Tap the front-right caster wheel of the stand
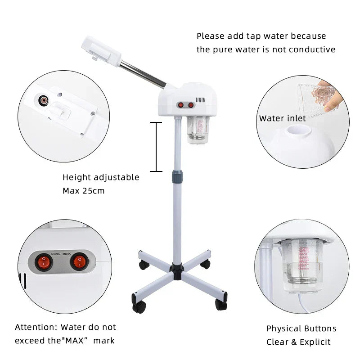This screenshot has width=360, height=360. coord(221,304)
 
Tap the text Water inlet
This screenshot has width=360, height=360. coord(282,119)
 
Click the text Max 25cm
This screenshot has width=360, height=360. coord(83,191)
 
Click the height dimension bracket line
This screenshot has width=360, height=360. coord(156,146)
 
